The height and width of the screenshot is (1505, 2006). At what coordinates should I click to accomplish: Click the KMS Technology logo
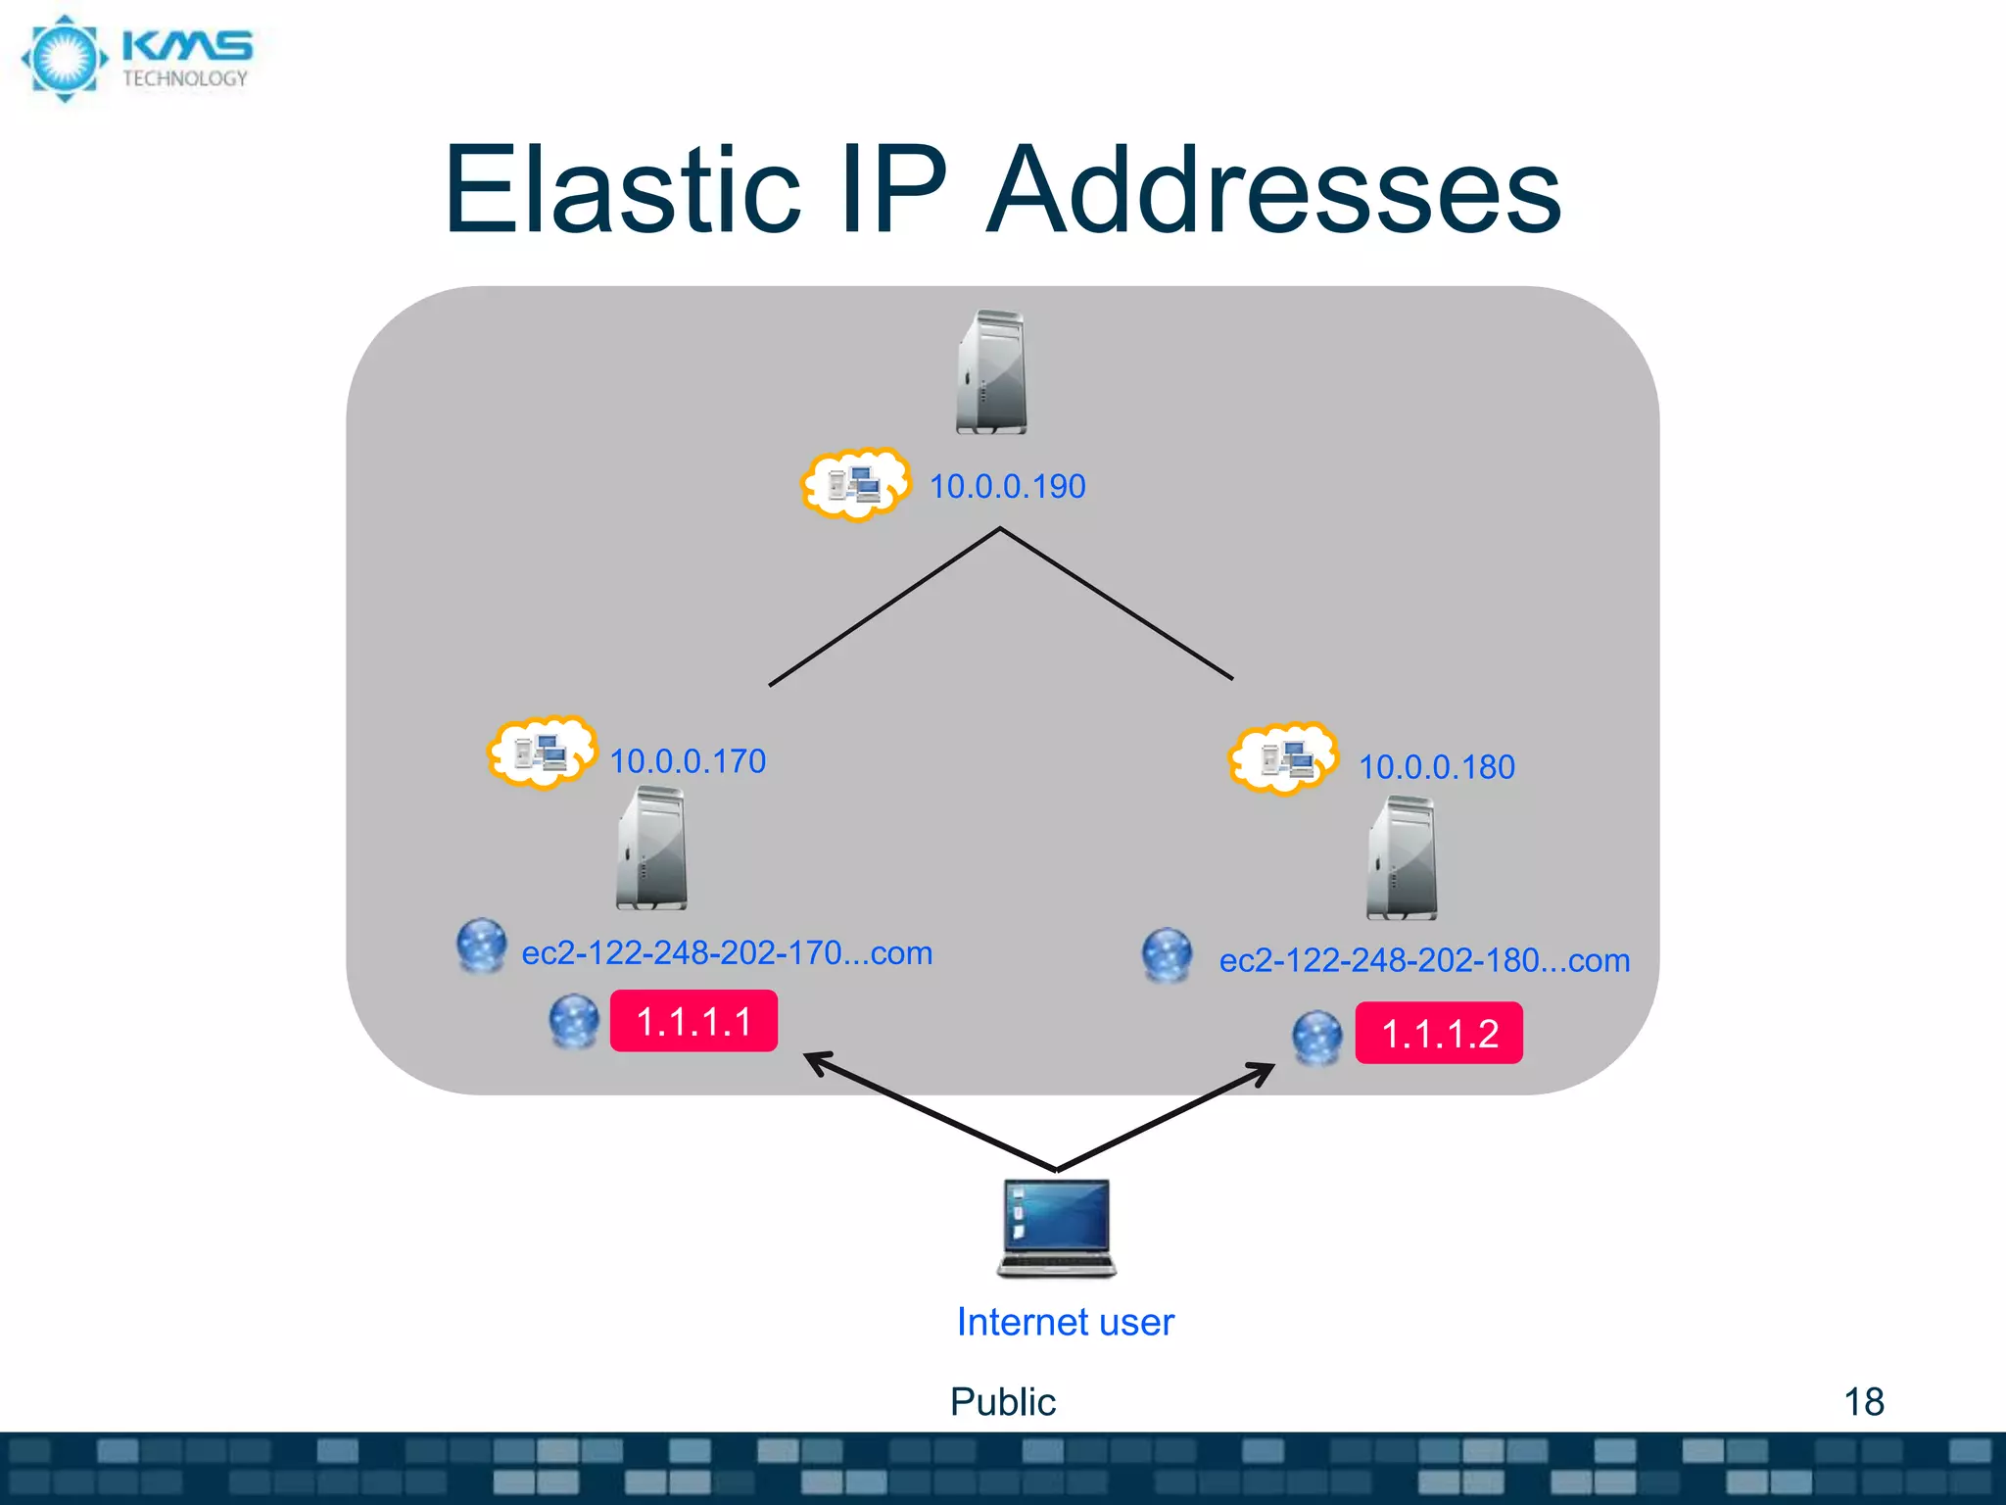(x=137, y=59)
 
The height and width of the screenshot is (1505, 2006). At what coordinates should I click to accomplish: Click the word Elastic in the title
(x=622, y=191)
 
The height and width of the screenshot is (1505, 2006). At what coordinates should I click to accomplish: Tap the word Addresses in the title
(x=1273, y=191)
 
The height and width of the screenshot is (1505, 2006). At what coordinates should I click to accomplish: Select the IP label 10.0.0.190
(x=1007, y=487)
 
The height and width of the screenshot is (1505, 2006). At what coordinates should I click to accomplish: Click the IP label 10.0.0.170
(x=688, y=761)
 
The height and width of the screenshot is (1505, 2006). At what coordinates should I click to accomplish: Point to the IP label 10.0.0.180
(x=1436, y=767)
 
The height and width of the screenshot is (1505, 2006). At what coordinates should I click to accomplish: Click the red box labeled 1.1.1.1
(x=693, y=1021)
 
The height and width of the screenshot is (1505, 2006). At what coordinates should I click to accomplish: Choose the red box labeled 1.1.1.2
(x=1438, y=1033)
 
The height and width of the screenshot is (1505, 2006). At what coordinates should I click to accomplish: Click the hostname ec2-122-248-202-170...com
(x=727, y=953)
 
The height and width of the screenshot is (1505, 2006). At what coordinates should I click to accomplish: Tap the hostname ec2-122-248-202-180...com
(x=1424, y=961)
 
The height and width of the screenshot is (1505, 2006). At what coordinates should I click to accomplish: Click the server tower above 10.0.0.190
(x=991, y=372)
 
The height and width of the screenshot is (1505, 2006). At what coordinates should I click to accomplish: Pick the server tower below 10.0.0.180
(x=1402, y=858)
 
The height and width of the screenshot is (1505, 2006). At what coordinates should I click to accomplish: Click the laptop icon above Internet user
(x=1057, y=1228)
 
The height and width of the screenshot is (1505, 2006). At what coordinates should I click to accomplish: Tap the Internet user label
(x=1065, y=1322)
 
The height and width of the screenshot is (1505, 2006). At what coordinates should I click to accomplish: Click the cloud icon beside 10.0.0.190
(x=854, y=484)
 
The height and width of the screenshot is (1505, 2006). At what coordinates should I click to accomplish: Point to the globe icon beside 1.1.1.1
(x=574, y=1021)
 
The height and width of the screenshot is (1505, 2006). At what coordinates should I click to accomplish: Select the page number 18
(x=1863, y=1402)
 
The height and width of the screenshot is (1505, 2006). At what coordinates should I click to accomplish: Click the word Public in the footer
(x=1002, y=1402)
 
